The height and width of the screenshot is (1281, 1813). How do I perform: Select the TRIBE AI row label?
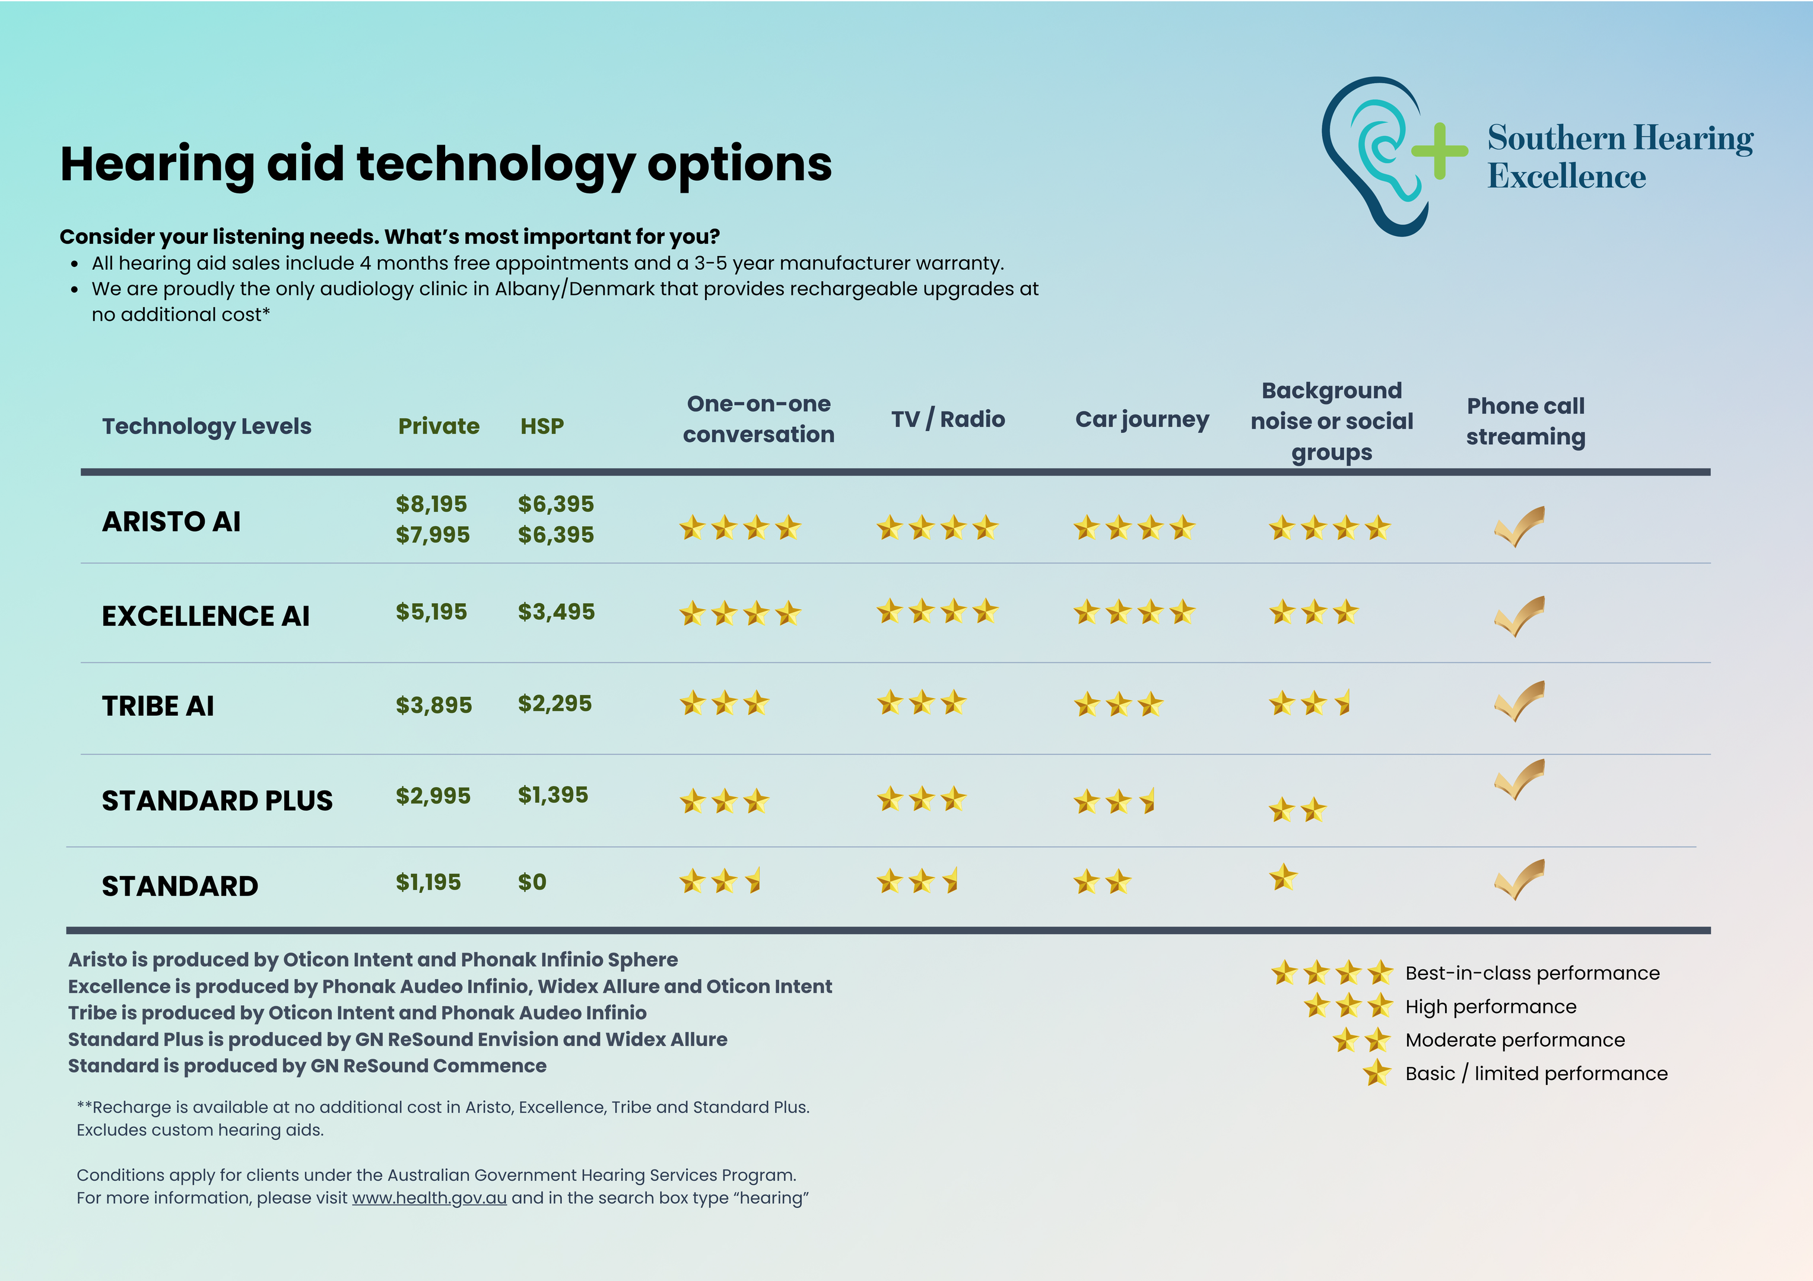[x=158, y=706]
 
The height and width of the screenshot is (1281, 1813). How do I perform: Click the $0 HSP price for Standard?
[x=532, y=882]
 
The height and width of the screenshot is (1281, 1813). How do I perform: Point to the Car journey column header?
[x=1142, y=419]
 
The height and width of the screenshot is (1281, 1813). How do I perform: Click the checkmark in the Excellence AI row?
[x=1519, y=616]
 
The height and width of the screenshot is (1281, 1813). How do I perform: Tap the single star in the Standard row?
[x=1283, y=877]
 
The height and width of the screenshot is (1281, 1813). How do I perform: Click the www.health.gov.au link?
[x=430, y=1197]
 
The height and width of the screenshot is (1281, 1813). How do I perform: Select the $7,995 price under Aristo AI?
[x=433, y=534]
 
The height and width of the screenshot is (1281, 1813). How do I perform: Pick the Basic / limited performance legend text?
[x=1536, y=1073]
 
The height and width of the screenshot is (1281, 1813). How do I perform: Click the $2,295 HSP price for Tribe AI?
[x=555, y=703]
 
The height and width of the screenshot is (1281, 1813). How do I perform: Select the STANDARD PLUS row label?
[x=217, y=801]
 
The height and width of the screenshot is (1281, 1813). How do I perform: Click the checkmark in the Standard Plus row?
[x=1519, y=780]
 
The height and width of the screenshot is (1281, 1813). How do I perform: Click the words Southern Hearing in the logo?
[x=1620, y=138]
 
